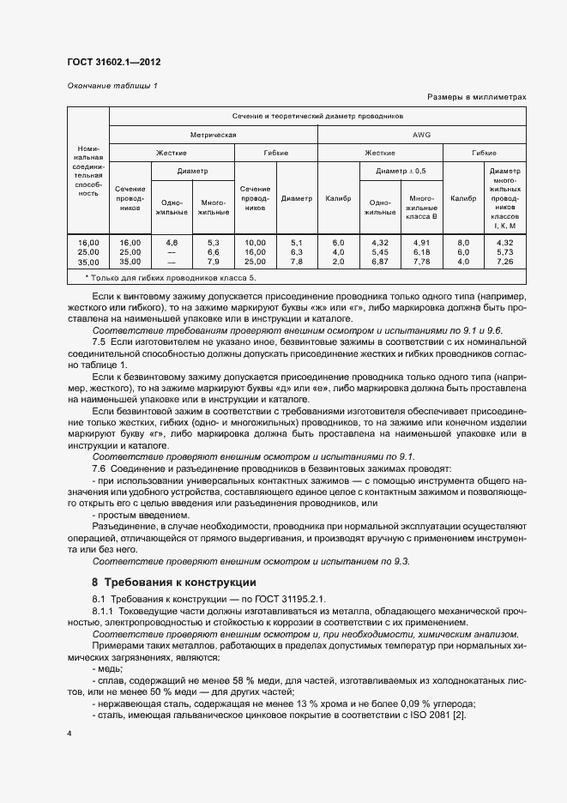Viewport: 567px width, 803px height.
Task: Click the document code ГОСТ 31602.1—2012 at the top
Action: (113, 63)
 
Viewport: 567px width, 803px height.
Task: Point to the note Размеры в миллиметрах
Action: (475, 98)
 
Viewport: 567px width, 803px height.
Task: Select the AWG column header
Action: (422, 135)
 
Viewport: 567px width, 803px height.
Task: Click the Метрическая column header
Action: (213, 135)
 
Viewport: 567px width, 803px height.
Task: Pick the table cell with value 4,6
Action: (171, 243)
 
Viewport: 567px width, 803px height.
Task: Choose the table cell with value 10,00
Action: (255, 243)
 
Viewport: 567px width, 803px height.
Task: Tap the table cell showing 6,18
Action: (421, 252)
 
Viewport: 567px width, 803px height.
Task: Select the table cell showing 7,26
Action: (504, 261)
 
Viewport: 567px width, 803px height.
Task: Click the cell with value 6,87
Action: (380, 261)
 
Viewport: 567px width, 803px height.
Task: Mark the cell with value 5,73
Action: (504, 252)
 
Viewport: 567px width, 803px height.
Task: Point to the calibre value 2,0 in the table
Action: (338, 261)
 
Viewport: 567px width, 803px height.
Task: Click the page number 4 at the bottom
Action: (69, 734)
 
